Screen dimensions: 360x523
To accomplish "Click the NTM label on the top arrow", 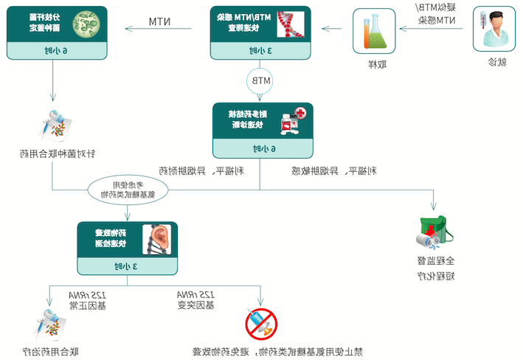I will [x=160, y=21].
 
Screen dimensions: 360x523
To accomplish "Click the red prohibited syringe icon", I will [x=261, y=324].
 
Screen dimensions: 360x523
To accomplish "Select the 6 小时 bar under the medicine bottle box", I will [x=262, y=148].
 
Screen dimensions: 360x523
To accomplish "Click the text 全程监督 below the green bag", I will [x=434, y=260].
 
